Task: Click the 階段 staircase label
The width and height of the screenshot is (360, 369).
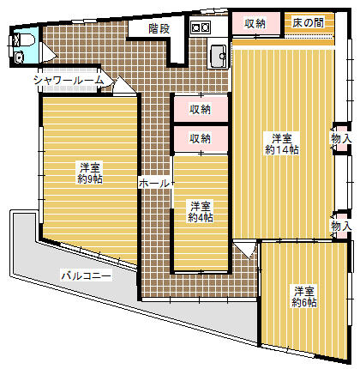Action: pyautogui.click(x=159, y=27)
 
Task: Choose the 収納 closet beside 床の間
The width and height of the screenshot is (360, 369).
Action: pyautogui.click(x=255, y=23)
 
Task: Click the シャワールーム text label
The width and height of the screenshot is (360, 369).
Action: pyautogui.click(x=69, y=80)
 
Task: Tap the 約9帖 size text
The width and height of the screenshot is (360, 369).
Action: pyautogui.click(x=90, y=179)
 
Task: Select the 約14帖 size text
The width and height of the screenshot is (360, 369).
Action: pyautogui.click(x=282, y=150)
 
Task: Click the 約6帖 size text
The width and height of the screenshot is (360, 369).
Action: pyautogui.click(x=303, y=302)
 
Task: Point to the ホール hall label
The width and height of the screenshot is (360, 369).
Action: pyautogui.click(x=153, y=183)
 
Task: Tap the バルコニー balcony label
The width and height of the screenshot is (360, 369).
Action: pyautogui.click(x=87, y=275)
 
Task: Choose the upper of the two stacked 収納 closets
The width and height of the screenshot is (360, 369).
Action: pyautogui.click(x=201, y=109)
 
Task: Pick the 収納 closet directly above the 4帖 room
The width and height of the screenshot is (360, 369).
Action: pyautogui.click(x=201, y=138)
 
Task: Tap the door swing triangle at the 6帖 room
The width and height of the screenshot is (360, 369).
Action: pyautogui.click(x=246, y=250)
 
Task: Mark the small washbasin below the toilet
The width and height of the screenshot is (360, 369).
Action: pyautogui.click(x=19, y=57)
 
